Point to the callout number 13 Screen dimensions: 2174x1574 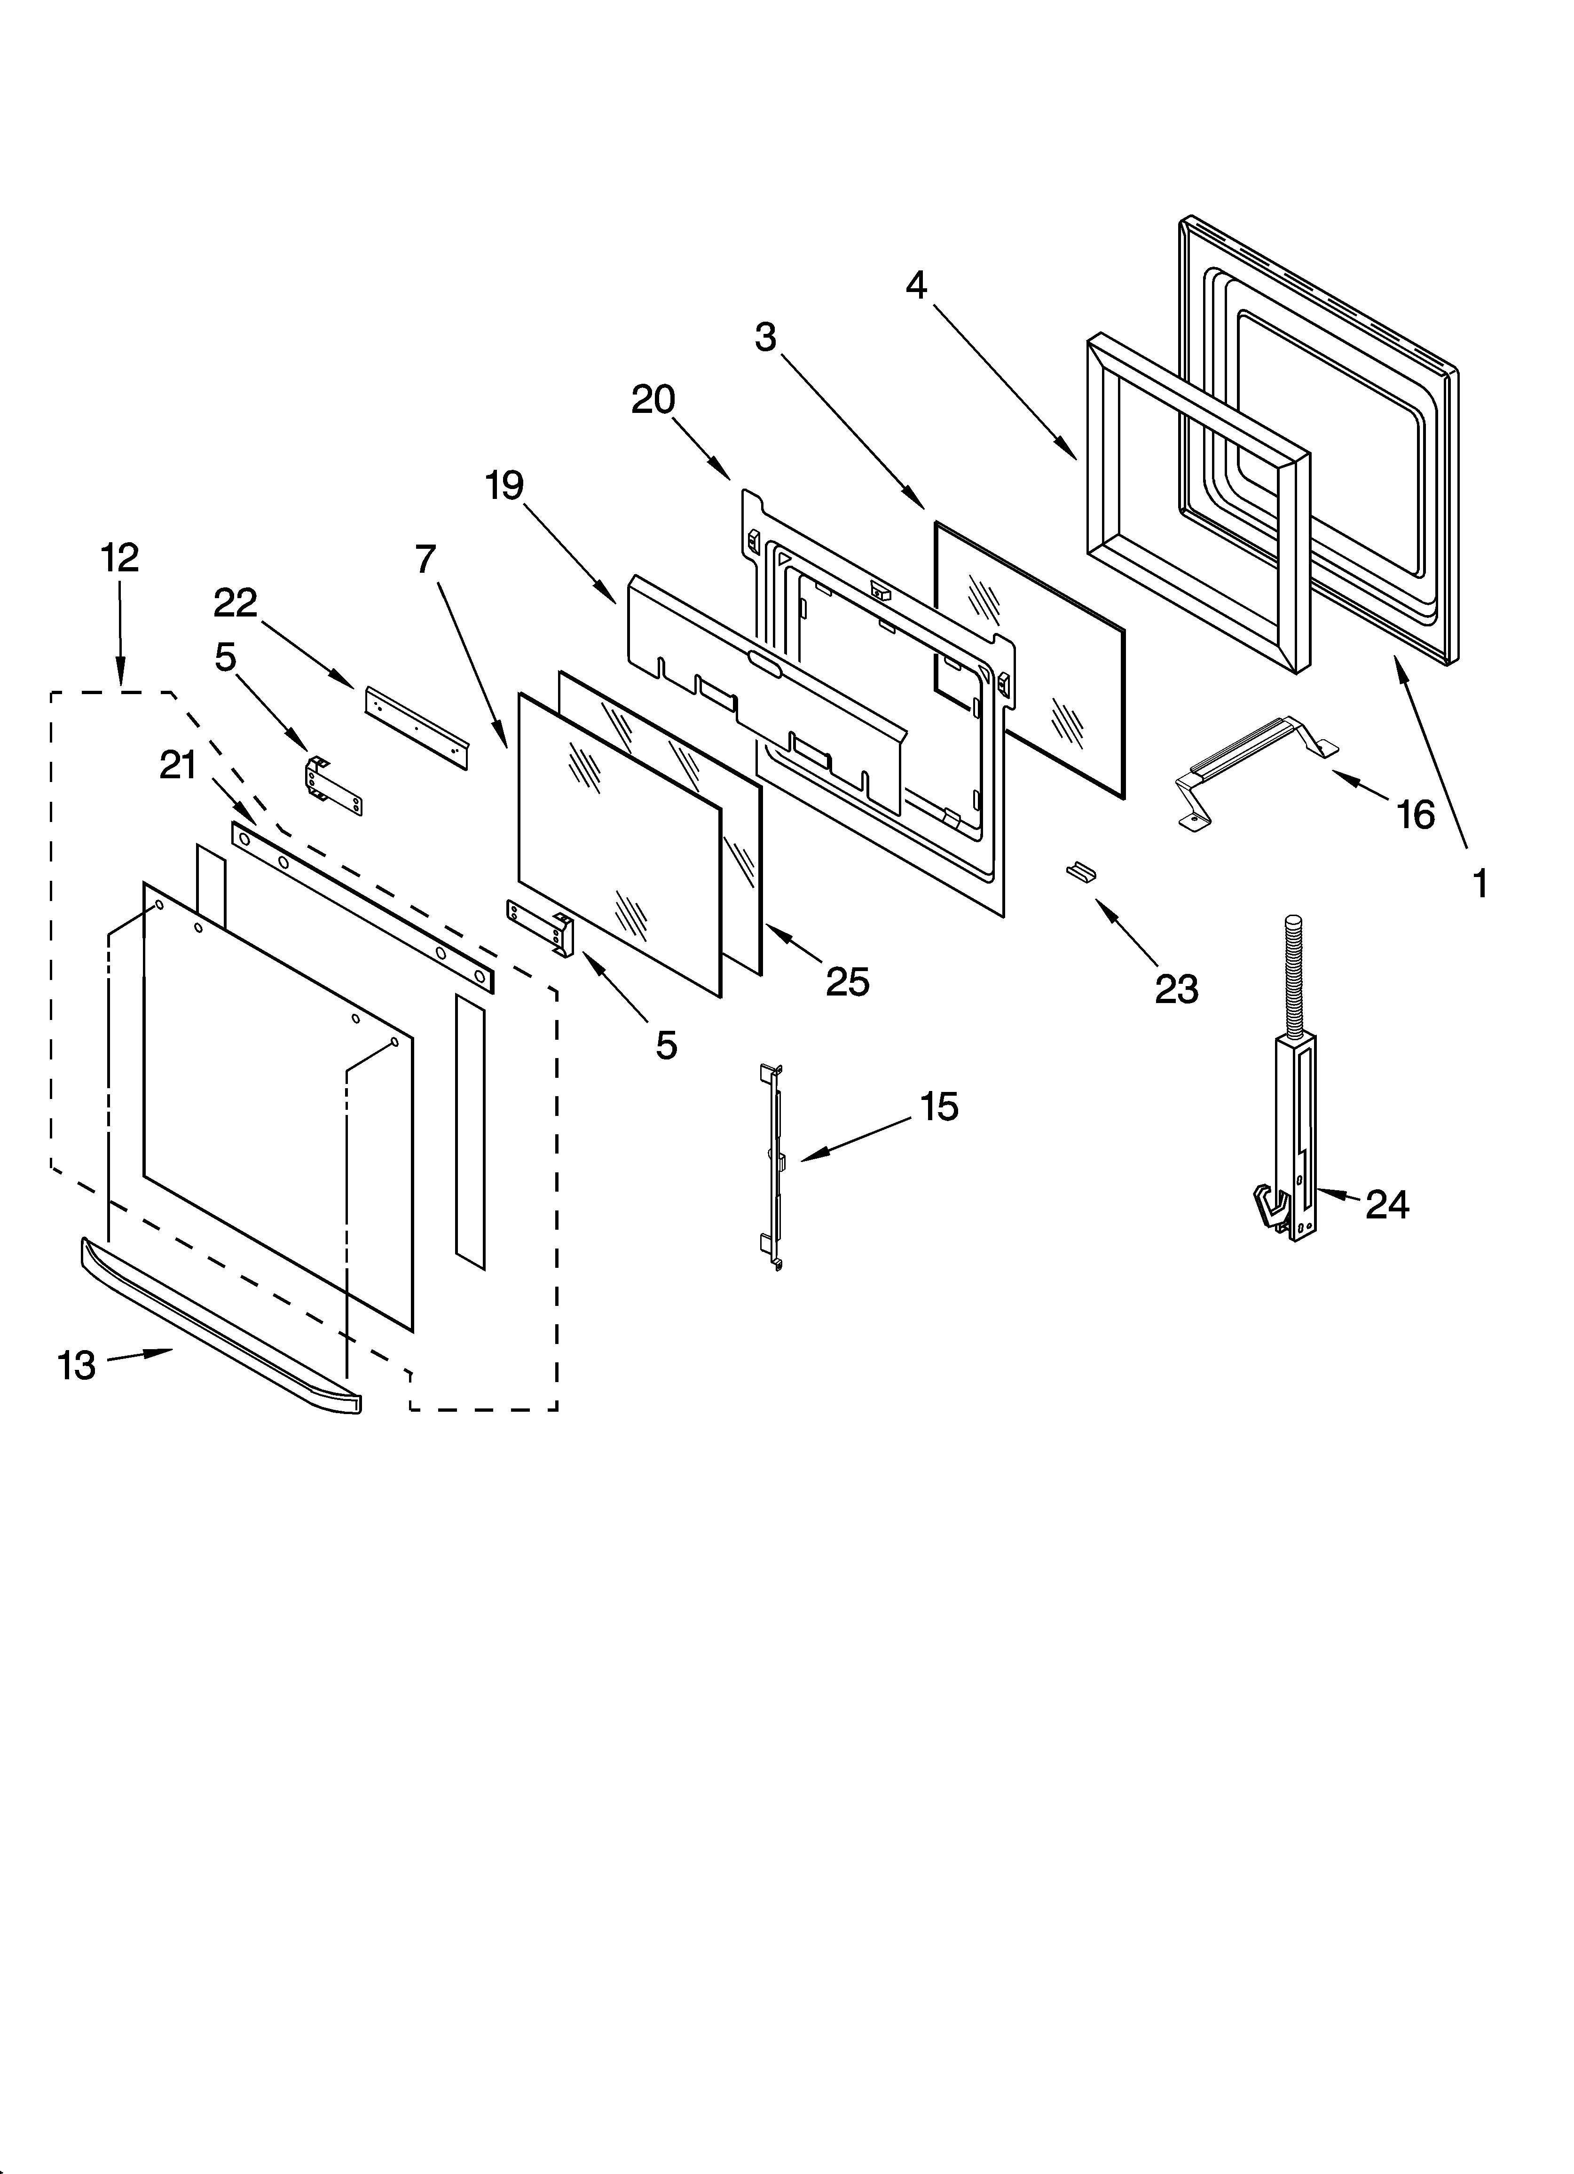[x=77, y=1366]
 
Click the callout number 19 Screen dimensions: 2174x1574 [x=504, y=486]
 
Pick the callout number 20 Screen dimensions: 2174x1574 [x=653, y=400]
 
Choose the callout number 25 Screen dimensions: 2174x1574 [x=847, y=982]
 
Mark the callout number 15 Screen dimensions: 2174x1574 [x=939, y=1107]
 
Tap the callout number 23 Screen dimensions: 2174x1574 [x=1176, y=989]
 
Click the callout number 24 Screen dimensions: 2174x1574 [x=1387, y=1205]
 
